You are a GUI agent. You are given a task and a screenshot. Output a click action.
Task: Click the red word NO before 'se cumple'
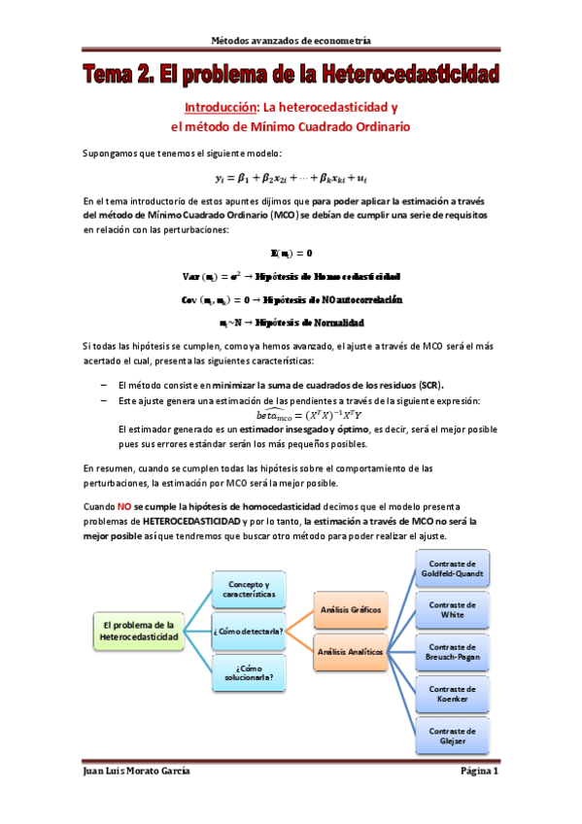[x=124, y=507]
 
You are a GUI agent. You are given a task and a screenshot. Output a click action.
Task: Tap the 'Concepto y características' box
[x=248, y=589]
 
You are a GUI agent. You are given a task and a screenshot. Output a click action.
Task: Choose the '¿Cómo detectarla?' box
[x=248, y=632]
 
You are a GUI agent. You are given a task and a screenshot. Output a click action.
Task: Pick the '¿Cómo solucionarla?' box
[x=248, y=674]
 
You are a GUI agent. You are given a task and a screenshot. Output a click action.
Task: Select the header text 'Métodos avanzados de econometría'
[x=291, y=40]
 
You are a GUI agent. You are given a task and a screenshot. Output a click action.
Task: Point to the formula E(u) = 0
[x=291, y=253]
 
